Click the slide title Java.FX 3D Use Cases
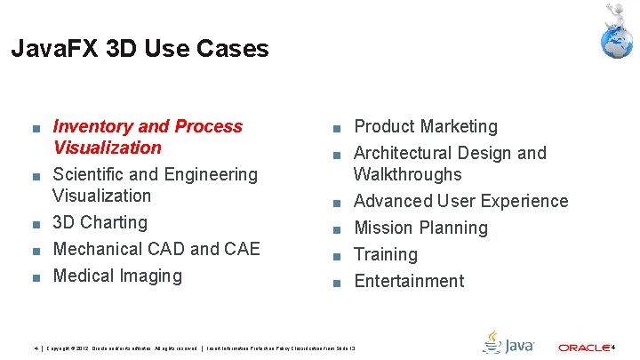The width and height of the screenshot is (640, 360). [140, 49]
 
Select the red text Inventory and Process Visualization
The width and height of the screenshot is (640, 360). [148, 137]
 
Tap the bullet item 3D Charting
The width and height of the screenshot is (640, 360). [100, 222]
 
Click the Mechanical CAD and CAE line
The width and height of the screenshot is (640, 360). [156, 249]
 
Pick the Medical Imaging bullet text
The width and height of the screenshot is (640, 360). [117, 276]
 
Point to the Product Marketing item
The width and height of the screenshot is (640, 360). [426, 127]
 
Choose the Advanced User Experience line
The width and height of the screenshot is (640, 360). [460, 201]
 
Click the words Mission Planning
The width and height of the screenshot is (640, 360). [420, 228]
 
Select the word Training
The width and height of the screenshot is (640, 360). [385, 254]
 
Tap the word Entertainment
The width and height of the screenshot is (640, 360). [409, 281]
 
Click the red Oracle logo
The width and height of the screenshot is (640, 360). [583, 347]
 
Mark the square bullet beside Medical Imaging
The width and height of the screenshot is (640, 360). [34, 277]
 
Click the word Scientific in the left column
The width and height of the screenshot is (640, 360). [91, 174]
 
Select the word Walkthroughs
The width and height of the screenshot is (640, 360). [407, 174]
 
